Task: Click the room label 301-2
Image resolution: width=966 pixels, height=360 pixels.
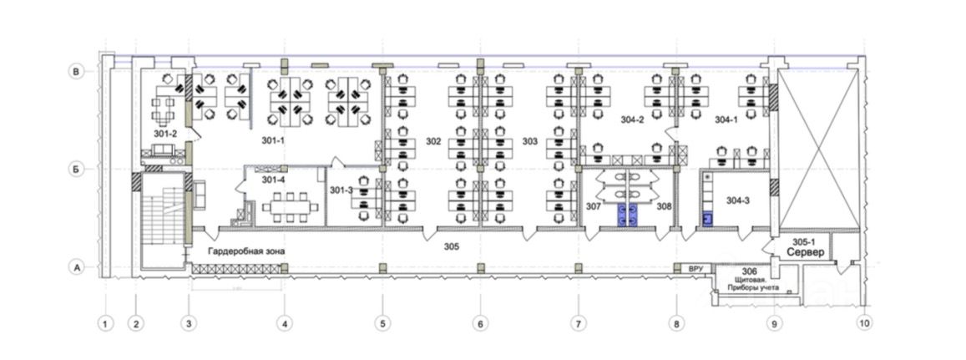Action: click(x=165, y=134)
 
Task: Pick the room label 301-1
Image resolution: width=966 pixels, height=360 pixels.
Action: click(x=273, y=140)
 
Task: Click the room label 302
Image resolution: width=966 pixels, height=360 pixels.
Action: click(x=432, y=141)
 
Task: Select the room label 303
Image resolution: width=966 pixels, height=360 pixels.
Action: click(x=529, y=141)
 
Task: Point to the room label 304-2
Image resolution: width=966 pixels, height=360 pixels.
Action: click(x=632, y=119)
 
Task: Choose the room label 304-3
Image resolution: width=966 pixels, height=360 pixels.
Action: click(x=738, y=200)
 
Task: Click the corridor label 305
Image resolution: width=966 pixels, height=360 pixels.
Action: click(x=452, y=246)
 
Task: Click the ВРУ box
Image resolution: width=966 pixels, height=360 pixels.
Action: click(x=695, y=269)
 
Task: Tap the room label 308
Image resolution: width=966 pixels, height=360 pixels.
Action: click(x=664, y=205)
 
